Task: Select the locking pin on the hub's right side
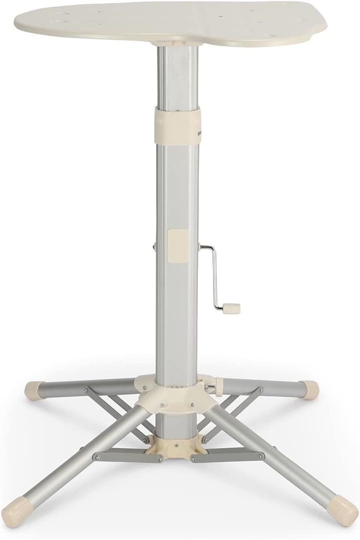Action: [x=215, y=385]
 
